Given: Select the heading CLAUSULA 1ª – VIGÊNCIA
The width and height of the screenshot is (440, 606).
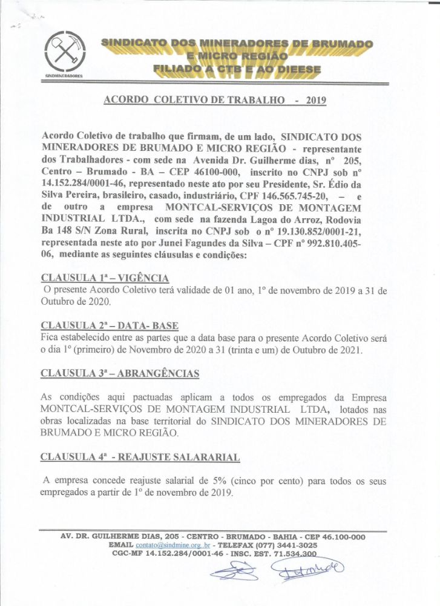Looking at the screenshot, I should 104,278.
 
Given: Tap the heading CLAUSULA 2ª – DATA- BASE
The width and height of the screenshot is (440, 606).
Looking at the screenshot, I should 109,325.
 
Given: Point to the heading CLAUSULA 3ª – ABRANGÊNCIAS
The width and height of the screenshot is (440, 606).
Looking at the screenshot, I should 120,373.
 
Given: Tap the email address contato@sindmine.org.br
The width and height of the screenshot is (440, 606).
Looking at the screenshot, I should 171,545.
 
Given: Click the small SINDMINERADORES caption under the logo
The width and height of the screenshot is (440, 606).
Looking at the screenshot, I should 64,78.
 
